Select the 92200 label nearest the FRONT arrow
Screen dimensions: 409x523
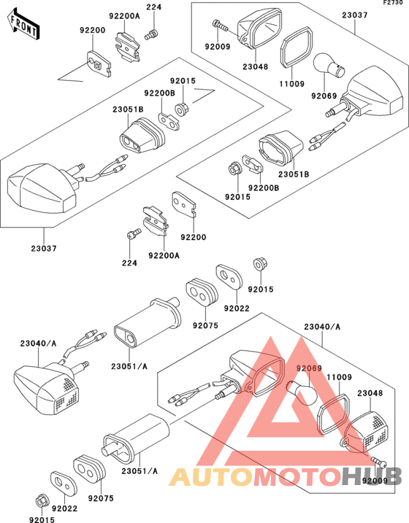pos(93,30)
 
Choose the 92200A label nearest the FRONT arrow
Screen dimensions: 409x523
pos(125,15)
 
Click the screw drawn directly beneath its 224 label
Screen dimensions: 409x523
pos(151,34)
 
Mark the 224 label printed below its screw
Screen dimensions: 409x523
pos(129,263)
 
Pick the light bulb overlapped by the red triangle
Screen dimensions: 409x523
pos(300,392)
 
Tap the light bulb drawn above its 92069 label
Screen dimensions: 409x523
pos(329,66)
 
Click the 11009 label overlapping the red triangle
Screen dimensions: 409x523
pos(339,377)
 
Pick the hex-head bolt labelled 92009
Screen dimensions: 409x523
pos(220,26)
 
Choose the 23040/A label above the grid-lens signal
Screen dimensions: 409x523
pos(39,344)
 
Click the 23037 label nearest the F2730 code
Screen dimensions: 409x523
pos(355,15)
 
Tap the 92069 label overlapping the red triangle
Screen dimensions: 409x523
pos(310,368)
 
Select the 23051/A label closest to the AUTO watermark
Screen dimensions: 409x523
pos(139,471)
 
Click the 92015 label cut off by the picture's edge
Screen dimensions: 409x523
pos(42,519)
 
